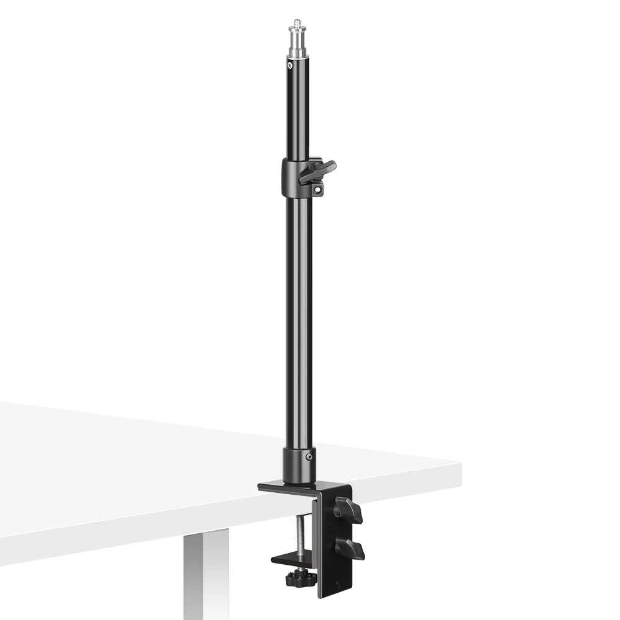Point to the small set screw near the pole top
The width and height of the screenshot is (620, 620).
(290, 64)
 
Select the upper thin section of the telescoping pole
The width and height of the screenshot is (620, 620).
(298, 112)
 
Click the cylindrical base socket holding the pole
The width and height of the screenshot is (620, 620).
(299, 465)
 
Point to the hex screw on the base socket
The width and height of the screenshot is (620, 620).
(308, 458)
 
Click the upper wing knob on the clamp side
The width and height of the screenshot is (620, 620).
(348, 510)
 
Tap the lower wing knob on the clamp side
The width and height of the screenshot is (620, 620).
(350, 549)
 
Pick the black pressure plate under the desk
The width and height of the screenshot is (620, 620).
(291, 559)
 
